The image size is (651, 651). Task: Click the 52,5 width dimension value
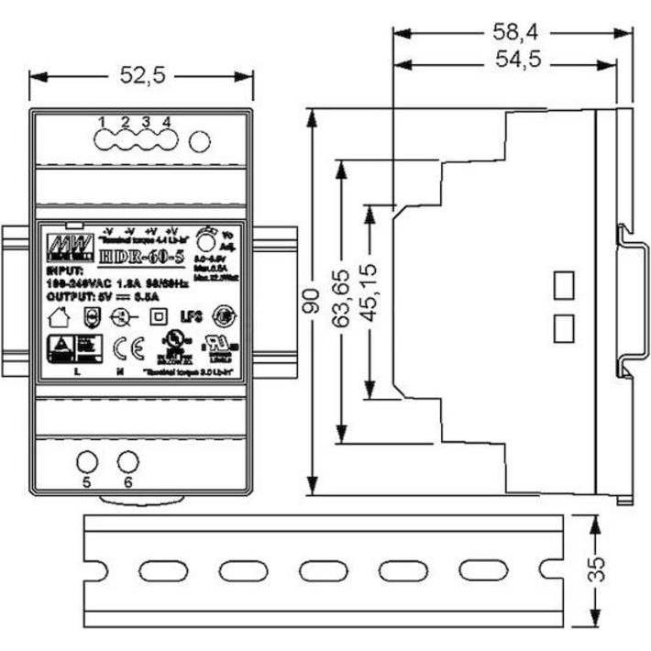click(142, 77)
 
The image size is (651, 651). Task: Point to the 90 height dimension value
click(312, 302)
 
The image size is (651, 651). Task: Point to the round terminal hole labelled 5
click(86, 462)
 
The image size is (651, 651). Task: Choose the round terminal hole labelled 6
click(128, 462)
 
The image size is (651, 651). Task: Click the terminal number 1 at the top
click(103, 122)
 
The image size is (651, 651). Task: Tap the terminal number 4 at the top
click(166, 122)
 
